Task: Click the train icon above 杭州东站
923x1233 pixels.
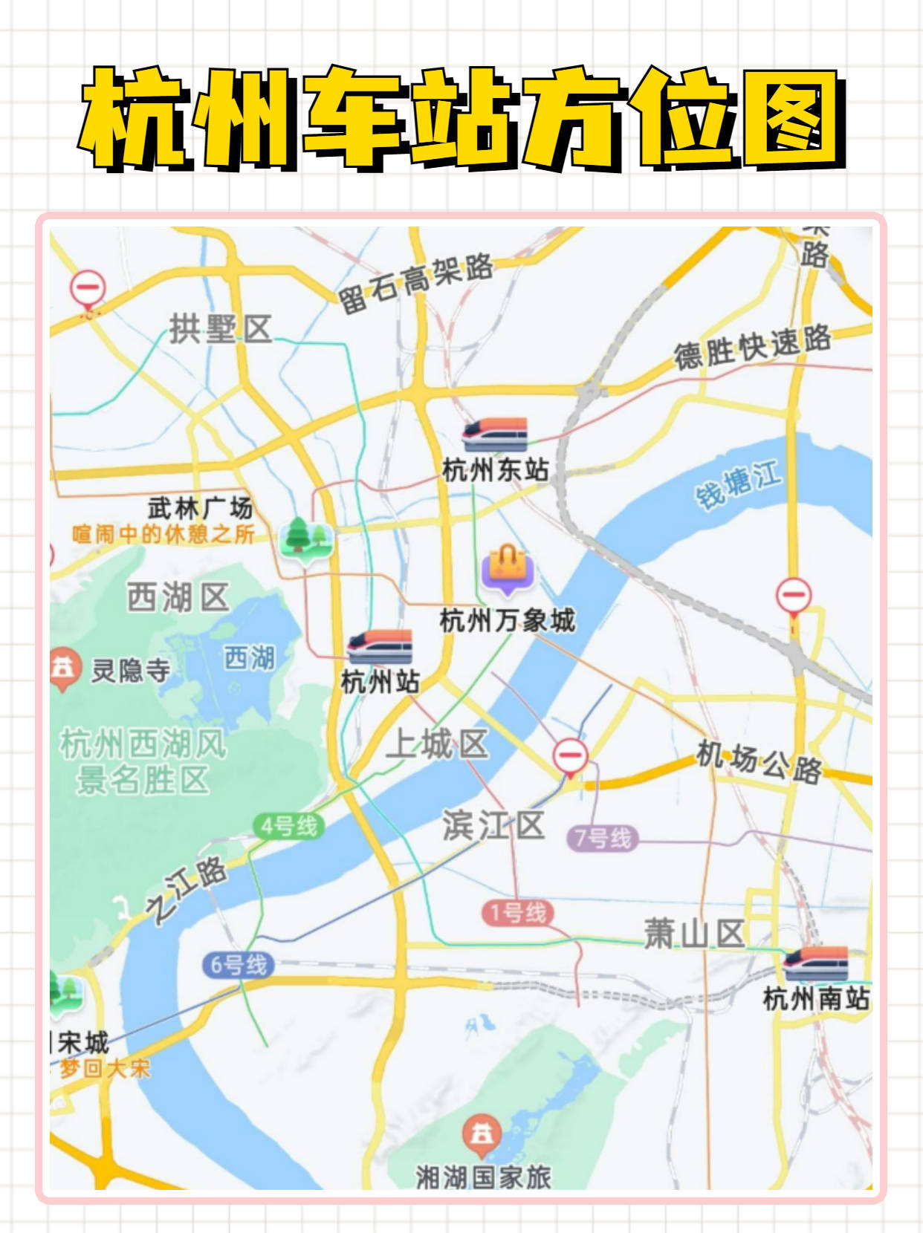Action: [494, 435]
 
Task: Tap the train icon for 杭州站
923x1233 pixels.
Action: [380, 646]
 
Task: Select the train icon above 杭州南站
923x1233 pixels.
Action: [815, 963]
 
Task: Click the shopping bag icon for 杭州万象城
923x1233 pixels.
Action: [508, 569]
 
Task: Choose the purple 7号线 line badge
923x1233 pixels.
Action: [603, 839]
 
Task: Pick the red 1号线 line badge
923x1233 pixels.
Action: [517, 912]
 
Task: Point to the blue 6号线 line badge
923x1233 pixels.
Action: [239, 965]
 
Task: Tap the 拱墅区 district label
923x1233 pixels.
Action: [221, 329]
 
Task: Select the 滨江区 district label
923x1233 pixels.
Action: [493, 825]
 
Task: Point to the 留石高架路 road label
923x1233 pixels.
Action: [416, 283]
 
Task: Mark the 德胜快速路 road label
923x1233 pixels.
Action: [752, 346]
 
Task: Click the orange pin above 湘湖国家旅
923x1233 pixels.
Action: [482, 1135]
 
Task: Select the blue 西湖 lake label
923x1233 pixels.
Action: [249, 657]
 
